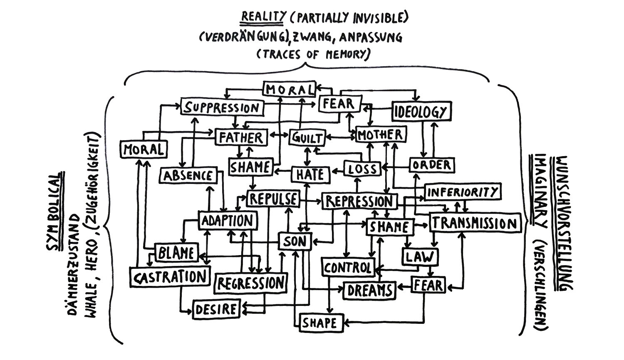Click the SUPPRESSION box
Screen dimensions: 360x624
tap(222, 107)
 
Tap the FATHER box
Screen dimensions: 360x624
tap(241, 137)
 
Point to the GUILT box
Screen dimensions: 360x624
tap(307, 138)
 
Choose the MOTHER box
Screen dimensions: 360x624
tap(381, 134)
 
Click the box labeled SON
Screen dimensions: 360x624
tap(295, 241)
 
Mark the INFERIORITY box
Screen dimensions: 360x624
tap(463, 192)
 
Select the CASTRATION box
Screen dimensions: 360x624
tap(169, 277)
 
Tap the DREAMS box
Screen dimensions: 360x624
tap(369, 290)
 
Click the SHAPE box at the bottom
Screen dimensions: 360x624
tap(319, 323)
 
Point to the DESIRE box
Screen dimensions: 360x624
tap(216, 309)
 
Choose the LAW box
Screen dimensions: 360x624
tap(420, 256)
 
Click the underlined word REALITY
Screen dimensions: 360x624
tap(264, 17)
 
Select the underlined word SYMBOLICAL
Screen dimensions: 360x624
tap(54, 212)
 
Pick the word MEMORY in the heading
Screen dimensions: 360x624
tap(347, 54)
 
